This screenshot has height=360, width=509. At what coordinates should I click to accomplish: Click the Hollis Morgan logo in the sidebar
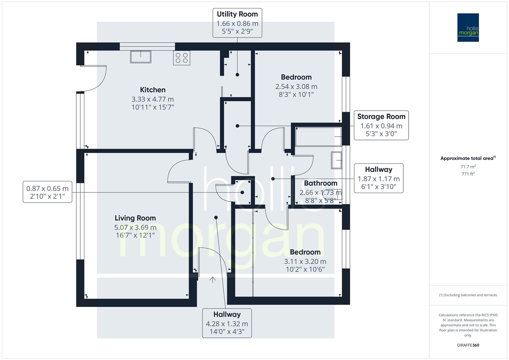pos(468,27)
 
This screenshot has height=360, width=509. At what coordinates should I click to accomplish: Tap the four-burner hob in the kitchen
pos(181,58)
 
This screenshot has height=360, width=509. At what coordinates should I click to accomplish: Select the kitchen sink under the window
pos(140,56)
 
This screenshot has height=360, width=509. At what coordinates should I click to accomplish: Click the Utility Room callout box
pos(237,23)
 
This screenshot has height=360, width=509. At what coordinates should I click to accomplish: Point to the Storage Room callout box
pos(381,125)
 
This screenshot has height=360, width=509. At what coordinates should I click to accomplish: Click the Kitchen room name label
pos(153,90)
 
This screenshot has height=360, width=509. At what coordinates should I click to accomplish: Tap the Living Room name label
pos(135,218)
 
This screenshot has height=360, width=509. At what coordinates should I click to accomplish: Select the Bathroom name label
pos(320,183)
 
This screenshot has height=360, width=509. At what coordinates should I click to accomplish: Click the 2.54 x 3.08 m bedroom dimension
pos(296,86)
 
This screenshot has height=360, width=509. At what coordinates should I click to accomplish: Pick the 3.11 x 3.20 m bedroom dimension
pos(305,261)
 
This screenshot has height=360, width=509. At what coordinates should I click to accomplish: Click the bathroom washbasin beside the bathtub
pos(336,160)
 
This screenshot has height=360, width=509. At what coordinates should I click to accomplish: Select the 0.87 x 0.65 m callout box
pos(47,192)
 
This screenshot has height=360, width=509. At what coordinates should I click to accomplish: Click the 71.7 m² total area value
pos(468,167)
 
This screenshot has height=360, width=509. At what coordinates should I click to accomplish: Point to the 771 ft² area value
pos(468,174)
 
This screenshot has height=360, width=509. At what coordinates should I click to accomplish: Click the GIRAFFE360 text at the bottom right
pos(468,345)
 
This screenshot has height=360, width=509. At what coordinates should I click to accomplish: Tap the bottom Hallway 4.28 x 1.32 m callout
pos(227,323)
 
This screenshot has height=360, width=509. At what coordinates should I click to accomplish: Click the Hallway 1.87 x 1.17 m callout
pos(378,178)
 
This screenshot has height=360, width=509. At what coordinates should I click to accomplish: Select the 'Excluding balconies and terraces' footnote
pos(468,295)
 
